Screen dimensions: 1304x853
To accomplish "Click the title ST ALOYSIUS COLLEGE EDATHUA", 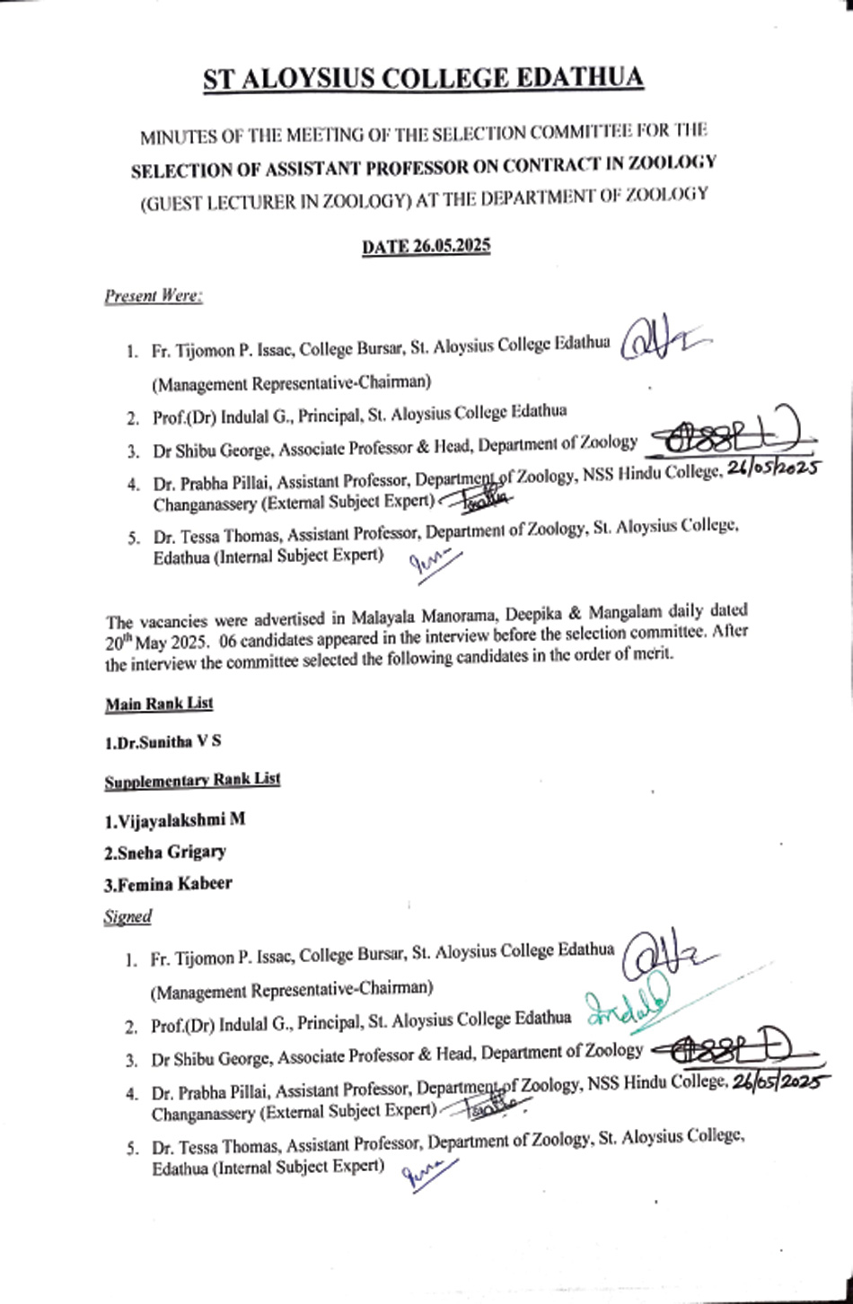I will tap(423, 80).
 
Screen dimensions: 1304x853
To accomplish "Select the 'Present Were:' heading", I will tap(153, 295).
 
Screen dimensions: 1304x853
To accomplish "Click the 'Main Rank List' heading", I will tap(159, 704).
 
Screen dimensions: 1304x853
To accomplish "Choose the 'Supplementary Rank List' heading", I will tap(192, 780).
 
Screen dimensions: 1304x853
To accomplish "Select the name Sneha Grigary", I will tap(165, 852).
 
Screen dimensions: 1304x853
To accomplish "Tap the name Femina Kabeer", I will tap(168, 883).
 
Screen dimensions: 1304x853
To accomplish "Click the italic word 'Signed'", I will tap(128, 916).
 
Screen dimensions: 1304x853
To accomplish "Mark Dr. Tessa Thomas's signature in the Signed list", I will tap(429, 1170).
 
